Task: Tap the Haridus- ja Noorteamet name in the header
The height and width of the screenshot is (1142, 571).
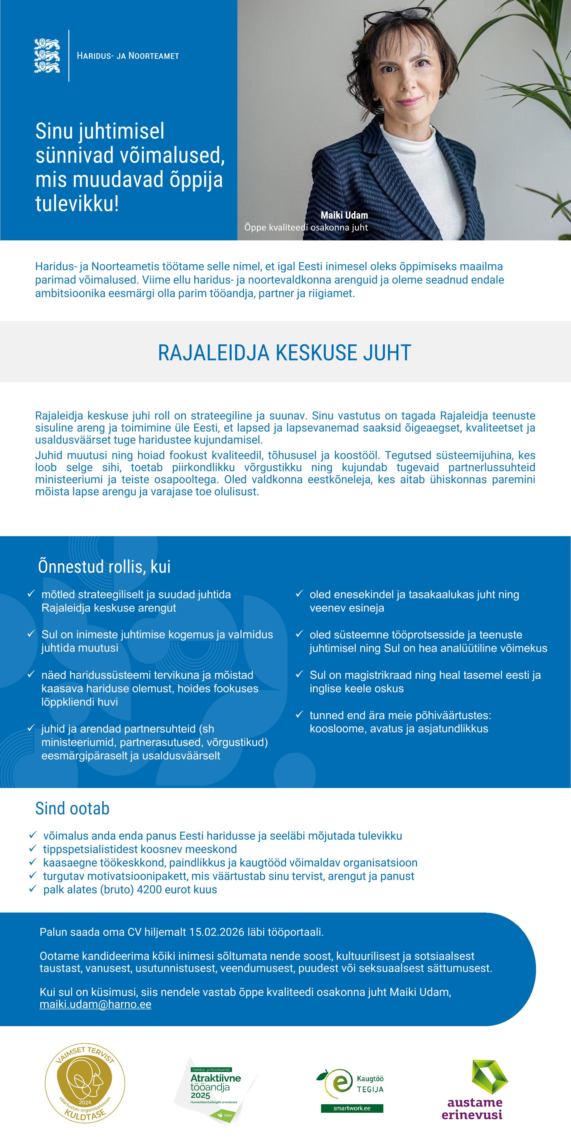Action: pyautogui.click(x=128, y=56)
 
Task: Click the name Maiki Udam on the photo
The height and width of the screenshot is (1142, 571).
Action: pyautogui.click(x=344, y=215)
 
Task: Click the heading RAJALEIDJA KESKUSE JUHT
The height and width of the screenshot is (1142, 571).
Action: pyautogui.click(x=285, y=353)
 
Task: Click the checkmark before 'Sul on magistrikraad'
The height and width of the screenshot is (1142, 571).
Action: pyautogui.click(x=299, y=674)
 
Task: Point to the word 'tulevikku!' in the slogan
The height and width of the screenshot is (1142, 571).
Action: pyautogui.click(x=77, y=204)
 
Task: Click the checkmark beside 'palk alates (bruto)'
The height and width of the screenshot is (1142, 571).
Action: pyautogui.click(x=32, y=889)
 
